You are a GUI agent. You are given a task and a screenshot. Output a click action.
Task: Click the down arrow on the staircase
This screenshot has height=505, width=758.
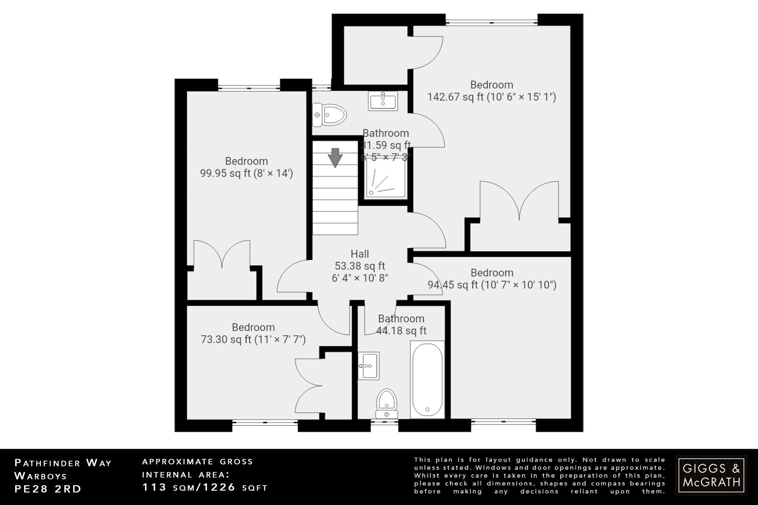tap(335, 158)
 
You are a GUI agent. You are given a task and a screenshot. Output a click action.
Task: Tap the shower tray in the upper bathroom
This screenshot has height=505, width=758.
tap(383, 181)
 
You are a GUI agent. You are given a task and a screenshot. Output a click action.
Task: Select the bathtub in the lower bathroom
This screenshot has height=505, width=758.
tap(427, 379)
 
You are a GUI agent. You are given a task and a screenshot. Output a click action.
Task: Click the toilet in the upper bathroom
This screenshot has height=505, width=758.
tap(329, 114)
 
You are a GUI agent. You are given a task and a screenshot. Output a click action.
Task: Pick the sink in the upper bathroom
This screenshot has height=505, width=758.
tap(383, 101)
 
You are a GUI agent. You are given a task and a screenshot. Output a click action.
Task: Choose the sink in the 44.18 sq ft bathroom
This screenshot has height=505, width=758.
tap(369, 366)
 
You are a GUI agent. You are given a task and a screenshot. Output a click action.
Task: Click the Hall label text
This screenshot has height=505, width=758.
tap(360, 254)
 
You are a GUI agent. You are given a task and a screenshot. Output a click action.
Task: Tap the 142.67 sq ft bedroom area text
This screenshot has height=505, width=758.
tap(492, 97)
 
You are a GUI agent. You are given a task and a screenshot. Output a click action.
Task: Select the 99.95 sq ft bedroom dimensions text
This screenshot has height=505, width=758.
tap(246, 173)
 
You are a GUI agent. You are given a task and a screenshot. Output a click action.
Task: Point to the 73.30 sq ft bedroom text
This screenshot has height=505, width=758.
tap(253, 339)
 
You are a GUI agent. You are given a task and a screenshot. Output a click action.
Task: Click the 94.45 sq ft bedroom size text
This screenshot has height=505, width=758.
tap(492, 285)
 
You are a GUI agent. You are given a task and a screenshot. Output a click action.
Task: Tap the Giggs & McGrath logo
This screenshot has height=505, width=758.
tap(711, 475)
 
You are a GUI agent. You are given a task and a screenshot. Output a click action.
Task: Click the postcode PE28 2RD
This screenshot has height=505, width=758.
tap(48, 489)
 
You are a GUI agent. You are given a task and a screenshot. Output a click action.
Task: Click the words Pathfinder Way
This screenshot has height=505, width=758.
tap(63, 463)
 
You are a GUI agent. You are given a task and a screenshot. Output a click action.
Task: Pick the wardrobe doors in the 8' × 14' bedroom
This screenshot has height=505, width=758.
tap(222, 254)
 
